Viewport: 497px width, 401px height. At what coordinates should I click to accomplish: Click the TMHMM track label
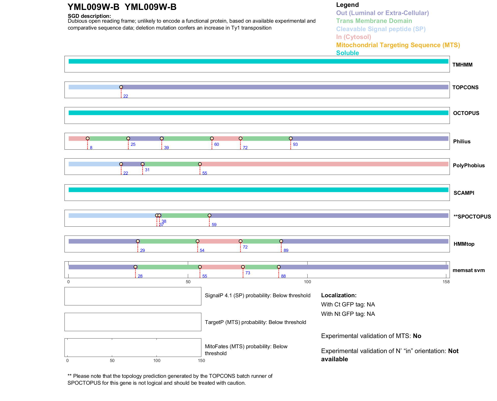click(x=462, y=65)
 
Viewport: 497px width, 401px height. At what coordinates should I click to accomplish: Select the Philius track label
click(x=462, y=141)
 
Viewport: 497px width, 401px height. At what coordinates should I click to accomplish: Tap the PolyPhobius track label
click(x=468, y=165)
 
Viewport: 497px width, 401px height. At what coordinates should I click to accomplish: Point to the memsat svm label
click(x=468, y=270)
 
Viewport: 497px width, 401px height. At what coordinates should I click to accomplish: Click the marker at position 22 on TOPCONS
click(x=121, y=87)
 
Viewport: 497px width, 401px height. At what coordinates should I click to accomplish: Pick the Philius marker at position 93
click(x=291, y=138)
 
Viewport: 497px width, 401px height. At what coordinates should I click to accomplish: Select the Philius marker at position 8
click(x=88, y=138)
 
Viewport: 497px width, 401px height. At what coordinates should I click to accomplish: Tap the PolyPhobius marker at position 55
click(x=200, y=164)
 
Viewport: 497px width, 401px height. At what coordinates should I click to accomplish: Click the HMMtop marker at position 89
click(x=281, y=241)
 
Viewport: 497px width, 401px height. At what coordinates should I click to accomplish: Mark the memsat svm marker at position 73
click(x=243, y=267)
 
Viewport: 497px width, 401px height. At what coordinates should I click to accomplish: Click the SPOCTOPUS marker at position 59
click(x=210, y=215)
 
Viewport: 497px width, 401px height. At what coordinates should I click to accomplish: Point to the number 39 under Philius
click(x=166, y=148)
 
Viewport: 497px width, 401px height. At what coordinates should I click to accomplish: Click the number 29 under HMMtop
click(x=142, y=250)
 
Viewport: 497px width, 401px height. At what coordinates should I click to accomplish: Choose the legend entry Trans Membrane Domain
click(x=374, y=21)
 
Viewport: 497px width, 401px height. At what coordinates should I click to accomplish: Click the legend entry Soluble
click(x=347, y=53)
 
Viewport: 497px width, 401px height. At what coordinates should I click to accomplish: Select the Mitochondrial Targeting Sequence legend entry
click(x=398, y=45)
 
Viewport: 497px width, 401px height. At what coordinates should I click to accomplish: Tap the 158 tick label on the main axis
click(x=446, y=282)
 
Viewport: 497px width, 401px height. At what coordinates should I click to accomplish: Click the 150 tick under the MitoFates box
click(x=201, y=360)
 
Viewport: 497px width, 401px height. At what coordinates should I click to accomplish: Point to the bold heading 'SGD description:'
click(x=89, y=16)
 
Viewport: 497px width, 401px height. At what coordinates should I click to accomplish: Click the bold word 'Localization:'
click(x=339, y=295)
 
